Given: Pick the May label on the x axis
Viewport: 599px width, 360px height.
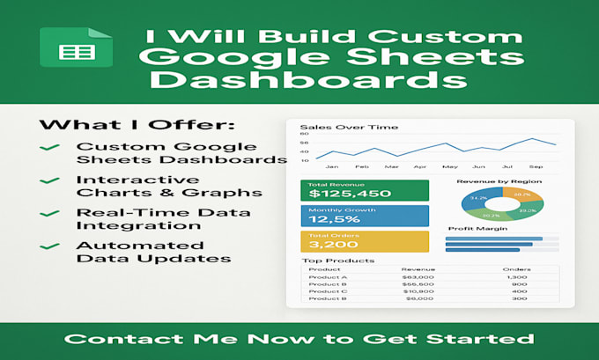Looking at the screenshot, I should [451, 165].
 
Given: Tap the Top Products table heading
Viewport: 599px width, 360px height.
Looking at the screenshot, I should [327, 261].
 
